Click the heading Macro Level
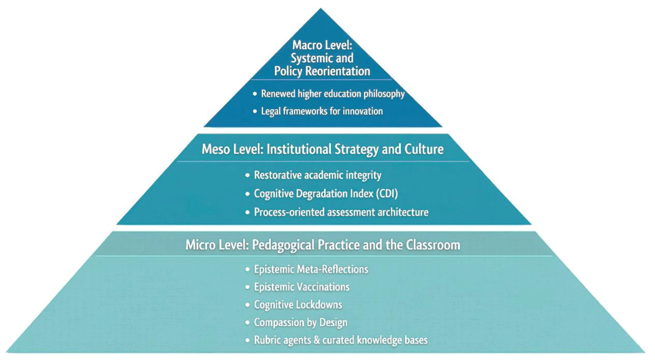coord(322,58)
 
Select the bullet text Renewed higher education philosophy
coord(333,94)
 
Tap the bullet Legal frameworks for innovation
coord(321,111)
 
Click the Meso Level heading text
coord(323,149)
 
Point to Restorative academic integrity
coord(318,175)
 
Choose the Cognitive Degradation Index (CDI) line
coord(326,194)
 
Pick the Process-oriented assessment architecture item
coord(341,212)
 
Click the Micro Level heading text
coord(323,245)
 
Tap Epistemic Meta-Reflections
coord(311,269)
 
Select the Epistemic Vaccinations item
coord(301,287)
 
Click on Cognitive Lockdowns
coord(298,305)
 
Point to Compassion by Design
coord(301,322)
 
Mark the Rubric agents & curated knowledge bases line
coord(341,340)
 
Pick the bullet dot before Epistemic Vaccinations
coord(248,287)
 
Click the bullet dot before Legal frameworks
coord(255,112)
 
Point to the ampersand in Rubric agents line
coord(317,340)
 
